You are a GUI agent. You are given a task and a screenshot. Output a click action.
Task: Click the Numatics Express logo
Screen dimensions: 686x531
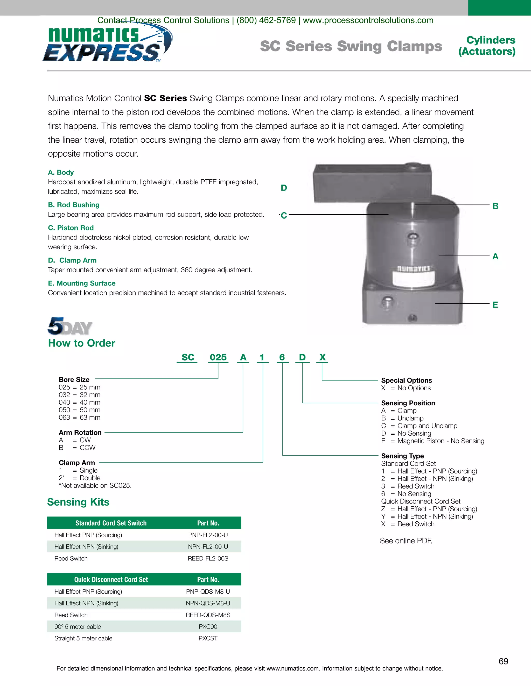point(107,44)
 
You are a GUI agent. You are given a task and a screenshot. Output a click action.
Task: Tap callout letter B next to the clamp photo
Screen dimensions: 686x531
point(495,206)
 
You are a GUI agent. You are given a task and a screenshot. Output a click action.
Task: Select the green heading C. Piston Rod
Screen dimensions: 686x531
point(71,228)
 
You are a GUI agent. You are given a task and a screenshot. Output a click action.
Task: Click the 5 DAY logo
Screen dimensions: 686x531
point(70,326)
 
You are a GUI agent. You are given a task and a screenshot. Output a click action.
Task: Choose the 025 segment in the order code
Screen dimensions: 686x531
point(218,357)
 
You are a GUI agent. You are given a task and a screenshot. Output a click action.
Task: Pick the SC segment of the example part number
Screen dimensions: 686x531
point(188,357)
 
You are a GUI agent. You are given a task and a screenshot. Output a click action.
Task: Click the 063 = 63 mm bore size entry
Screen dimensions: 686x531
point(79,418)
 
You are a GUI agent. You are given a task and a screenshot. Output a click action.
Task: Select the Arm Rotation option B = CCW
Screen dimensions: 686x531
point(77,448)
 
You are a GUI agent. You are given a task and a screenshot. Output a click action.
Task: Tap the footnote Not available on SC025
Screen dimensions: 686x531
point(95,485)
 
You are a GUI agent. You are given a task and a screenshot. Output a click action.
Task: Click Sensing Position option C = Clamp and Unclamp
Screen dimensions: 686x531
point(419,426)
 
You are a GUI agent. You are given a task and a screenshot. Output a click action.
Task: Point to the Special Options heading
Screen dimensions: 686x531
point(407,380)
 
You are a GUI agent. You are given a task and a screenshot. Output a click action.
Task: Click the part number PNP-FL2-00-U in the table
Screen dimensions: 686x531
point(208,535)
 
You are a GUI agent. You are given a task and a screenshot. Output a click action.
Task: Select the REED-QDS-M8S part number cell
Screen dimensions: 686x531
point(208,615)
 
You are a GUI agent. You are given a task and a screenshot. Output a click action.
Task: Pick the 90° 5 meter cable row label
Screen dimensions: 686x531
point(78,627)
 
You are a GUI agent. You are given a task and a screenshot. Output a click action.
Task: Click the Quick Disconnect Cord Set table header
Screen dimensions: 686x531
point(111,580)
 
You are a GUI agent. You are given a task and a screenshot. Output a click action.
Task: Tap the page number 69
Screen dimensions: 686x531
point(503,661)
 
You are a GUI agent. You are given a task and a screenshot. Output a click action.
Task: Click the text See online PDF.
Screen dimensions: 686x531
point(406,541)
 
